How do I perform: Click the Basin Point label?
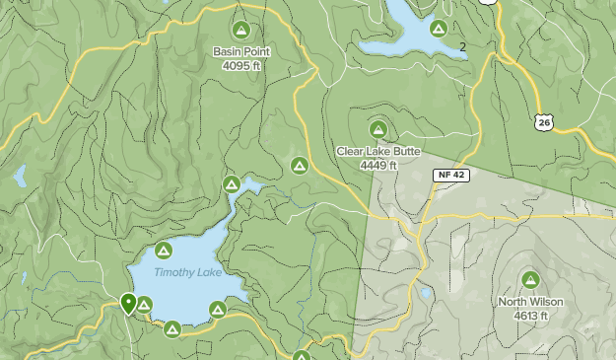point(241,51)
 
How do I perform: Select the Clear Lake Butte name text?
point(378,152)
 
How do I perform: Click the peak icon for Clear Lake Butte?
point(378,129)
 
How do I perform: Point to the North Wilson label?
point(530,302)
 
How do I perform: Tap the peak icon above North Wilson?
point(530,280)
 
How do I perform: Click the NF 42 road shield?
point(448,175)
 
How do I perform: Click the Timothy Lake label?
point(187,273)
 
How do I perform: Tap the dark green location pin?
point(128,302)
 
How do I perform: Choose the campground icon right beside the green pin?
point(144,304)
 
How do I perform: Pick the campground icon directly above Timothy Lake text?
point(165,251)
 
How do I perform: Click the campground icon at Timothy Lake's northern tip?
point(232,183)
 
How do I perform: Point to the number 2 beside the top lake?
point(462,46)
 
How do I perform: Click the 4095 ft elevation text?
point(241,66)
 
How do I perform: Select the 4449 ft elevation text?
point(378,166)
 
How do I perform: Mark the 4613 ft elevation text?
point(530,316)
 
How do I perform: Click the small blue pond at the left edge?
point(20,177)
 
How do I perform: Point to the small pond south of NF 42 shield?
point(425,293)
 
